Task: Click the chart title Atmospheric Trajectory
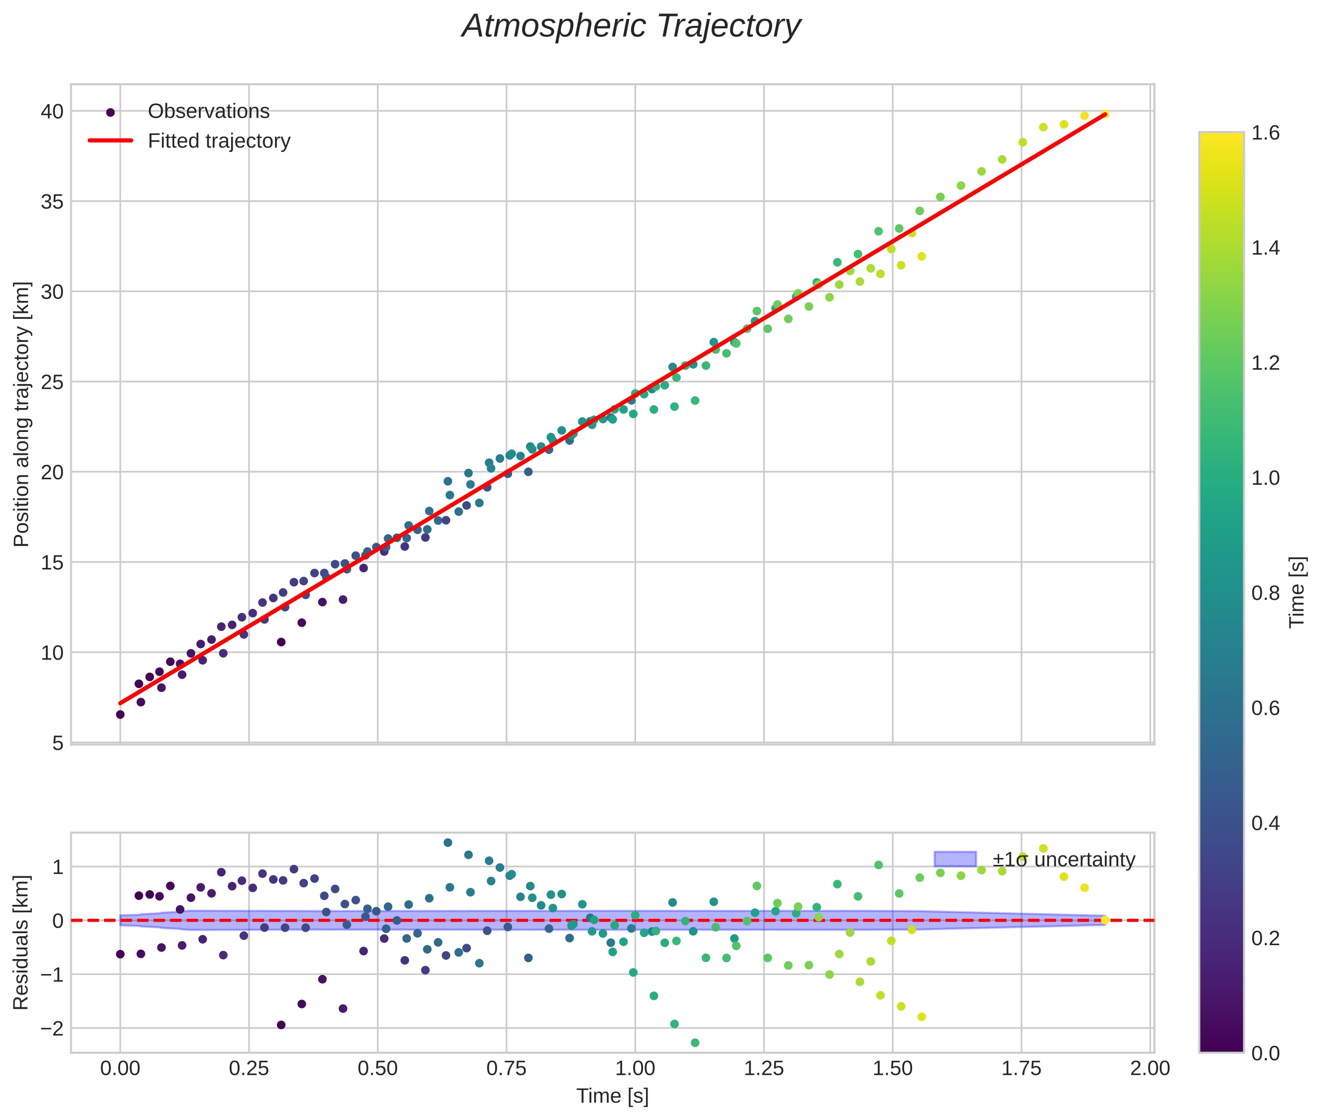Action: (631, 26)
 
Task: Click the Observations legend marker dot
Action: (111, 112)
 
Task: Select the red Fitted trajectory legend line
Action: (111, 141)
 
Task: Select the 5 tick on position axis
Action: (58, 743)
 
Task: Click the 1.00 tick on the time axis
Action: (635, 1069)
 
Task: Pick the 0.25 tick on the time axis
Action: (249, 1069)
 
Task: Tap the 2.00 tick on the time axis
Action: (1150, 1069)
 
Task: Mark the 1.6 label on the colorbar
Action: (1265, 133)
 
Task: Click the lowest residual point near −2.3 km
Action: (694, 1042)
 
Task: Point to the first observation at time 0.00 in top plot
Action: (120, 714)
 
